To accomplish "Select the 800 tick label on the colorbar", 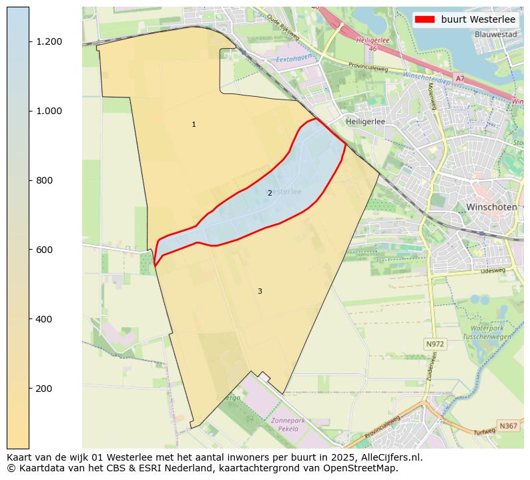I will [x=45, y=180].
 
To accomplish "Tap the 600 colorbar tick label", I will [x=45, y=250].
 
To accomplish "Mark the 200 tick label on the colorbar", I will [x=45, y=389].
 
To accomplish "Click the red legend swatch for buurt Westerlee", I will [x=425, y=19].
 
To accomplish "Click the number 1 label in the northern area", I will [x=194, y=125].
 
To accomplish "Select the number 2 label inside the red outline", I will [x=270, y=193].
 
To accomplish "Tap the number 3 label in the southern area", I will [x=260, y=291].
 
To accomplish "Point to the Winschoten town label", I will [x=491, y=207].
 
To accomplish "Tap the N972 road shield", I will [x=435, y=344].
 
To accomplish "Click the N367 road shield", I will [x=508, y=425].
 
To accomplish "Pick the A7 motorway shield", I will [x=460, y=79].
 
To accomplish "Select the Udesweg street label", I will [x=492, y=270].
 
